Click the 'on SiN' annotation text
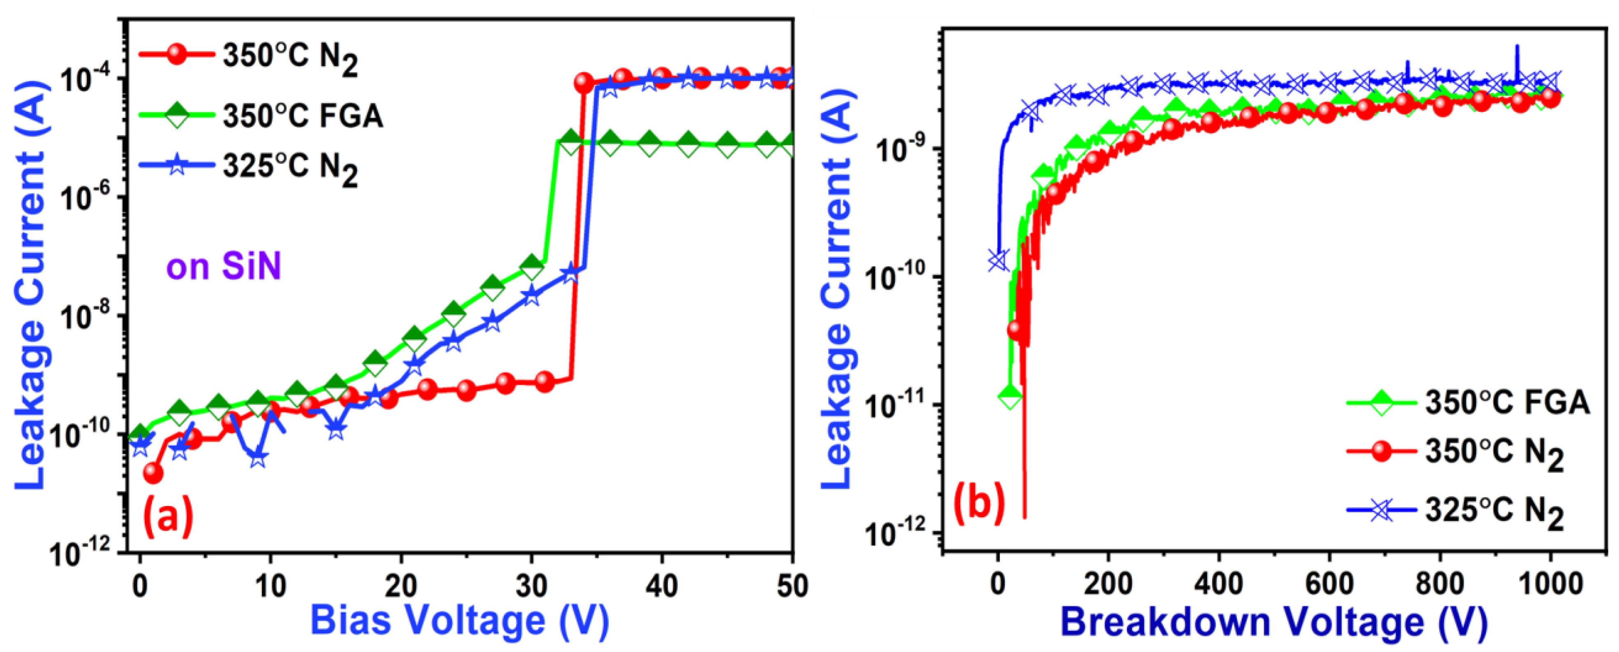(223, 266)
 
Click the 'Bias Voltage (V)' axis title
(460, 621)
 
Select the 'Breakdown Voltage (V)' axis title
(1274, 622)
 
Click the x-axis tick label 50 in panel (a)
(792, 586)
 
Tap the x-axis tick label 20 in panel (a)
(400, 586)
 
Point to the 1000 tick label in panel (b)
(1550, 584)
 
